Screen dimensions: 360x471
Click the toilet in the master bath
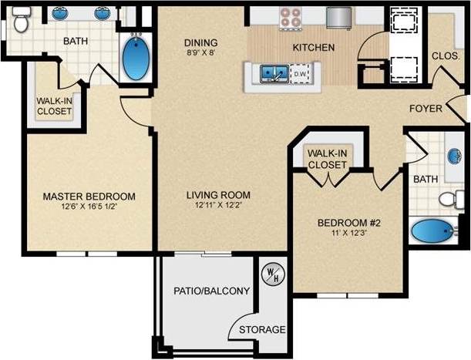21,25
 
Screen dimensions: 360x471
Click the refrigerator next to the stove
338,17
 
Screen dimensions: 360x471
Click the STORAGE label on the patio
262,329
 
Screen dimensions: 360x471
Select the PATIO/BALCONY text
212,291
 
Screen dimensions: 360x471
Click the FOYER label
426,108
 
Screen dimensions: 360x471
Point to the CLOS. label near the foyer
445,56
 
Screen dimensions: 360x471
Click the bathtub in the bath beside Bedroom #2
432,230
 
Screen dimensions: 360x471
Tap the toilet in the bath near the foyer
451,200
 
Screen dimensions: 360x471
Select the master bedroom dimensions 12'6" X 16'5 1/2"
89,207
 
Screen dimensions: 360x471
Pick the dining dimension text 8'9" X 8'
200,54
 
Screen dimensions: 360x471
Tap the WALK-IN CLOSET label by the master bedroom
54,106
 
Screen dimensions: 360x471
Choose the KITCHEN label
313,47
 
